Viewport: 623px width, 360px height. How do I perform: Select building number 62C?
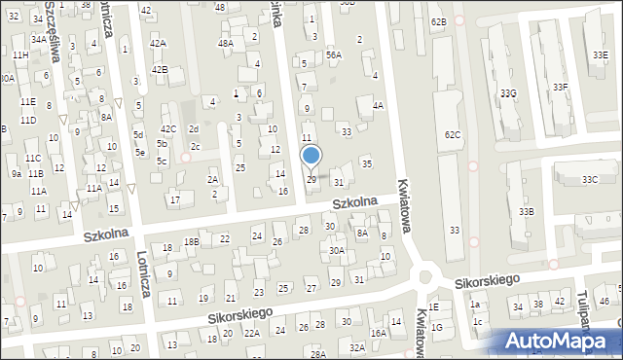tap(453, 134)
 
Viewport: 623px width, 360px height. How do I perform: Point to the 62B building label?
tap(438, 21)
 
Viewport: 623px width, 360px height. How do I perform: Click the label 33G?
tap(507, 93)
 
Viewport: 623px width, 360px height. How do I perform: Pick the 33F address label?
tap(561, 88)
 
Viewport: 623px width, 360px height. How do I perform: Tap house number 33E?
tap(600, 55)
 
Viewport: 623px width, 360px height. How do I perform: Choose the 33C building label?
tap(590, 180)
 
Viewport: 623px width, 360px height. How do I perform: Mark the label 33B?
tap(526, 211)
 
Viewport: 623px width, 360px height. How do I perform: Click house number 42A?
tap(158, 45)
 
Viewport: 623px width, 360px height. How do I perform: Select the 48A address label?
tap(226, 44)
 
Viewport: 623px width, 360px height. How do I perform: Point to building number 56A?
tap(334, 55)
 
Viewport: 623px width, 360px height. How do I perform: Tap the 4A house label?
tap(379, 105)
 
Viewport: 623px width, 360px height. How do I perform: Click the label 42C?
tap(168, 129)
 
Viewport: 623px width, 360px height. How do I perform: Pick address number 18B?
tap(192, 241)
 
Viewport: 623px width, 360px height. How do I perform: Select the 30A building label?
tap(337, 250)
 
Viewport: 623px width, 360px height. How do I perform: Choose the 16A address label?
tap(378, 333)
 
